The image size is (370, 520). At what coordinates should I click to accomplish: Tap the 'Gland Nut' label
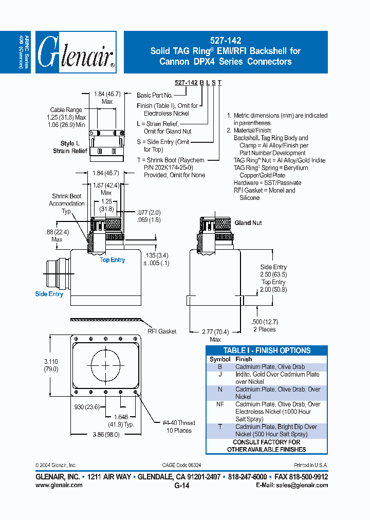pos(248,223)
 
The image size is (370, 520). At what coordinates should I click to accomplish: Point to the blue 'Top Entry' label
pos(112,260)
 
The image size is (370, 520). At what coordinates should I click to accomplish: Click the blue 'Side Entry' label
pos(49,294)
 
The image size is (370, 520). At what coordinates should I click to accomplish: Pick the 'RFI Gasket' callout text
pos(161,331)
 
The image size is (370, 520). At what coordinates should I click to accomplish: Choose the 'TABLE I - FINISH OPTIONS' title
pos(267,350)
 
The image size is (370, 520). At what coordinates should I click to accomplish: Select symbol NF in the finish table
pos(220,404)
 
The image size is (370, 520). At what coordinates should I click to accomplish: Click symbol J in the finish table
pos(220,375)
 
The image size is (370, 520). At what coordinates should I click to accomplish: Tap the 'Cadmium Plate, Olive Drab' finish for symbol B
pos(270,367)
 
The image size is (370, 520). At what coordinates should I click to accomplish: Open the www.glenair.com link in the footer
pos(59,485)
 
